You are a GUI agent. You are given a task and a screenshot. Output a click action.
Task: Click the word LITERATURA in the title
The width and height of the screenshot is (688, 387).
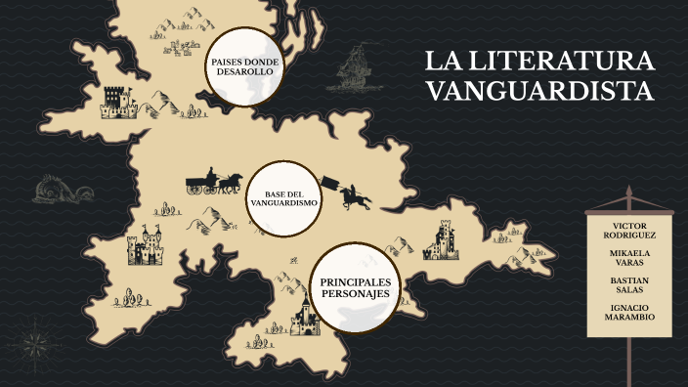click(560, 62)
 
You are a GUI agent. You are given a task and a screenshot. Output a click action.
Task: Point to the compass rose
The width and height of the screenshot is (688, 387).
click(33, 343)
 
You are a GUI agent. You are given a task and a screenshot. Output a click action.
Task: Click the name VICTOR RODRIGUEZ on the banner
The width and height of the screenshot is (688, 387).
click(631, 231)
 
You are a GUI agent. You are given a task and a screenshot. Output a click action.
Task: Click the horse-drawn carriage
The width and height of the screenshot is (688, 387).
click(214, 181)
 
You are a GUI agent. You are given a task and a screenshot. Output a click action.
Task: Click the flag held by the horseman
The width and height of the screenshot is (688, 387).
click(332, 183)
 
